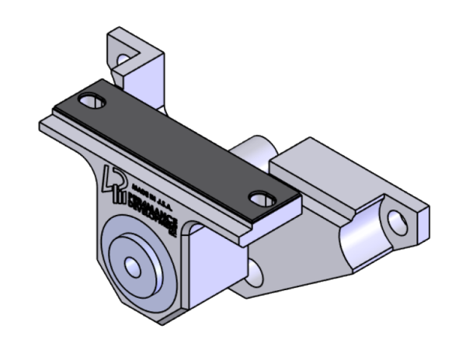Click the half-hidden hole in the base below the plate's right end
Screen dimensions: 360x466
(x=257, y=271)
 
